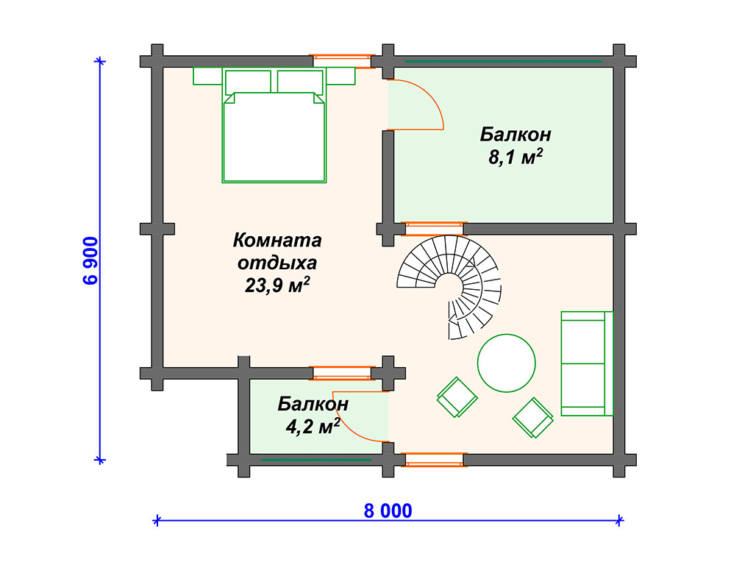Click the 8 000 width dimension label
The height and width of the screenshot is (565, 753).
pos(388,511)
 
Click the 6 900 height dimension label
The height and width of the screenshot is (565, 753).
pos(90,261)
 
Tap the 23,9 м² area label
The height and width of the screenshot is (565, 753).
pos(277,285)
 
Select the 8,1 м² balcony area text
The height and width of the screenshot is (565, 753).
pos(515,157)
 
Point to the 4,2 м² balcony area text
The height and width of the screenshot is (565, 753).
pos(313,426)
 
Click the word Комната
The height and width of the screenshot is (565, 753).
pos(277,240)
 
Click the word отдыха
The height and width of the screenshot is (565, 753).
pos(277,263)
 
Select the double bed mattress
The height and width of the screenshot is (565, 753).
pos(274,137)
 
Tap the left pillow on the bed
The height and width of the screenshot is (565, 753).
pos(248,82)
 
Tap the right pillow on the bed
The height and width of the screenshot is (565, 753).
pos(300,82)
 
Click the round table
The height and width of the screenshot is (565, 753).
pos(506,363)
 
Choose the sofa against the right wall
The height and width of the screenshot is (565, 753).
pos(587,363)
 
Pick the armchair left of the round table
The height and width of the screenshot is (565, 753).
pos(457,397)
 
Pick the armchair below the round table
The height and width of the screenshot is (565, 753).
pos(533,418)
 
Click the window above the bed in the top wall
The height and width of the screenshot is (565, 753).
pos(342,62)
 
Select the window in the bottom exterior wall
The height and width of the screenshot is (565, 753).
pos(434,460)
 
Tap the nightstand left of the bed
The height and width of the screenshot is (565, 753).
pos(207,76)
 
